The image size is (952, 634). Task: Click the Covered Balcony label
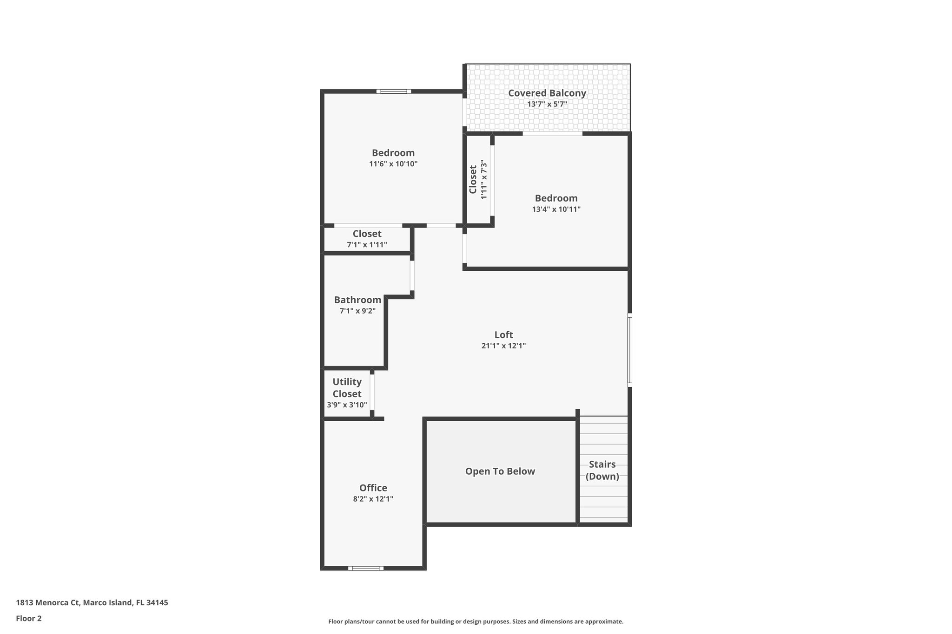click(547, 93)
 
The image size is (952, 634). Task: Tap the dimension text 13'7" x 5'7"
click(547, 105)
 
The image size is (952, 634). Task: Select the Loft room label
click(503, 334)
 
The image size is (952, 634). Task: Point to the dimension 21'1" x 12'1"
click(503, 346)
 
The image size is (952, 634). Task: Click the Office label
click(373, 488)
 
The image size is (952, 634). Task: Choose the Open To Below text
click(500, 471)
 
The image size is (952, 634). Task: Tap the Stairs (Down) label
click(602, 470)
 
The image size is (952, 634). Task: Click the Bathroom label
click(357, 300)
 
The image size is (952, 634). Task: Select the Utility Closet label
click(347, 388)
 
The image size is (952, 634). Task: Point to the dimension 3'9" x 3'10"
click(347, 405)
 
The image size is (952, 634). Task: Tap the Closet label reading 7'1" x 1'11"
click(367, 234)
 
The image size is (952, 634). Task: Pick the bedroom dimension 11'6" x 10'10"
click(393, 164)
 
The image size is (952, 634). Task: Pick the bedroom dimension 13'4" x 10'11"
click(556, 209)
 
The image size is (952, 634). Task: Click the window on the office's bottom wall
click(366, 568)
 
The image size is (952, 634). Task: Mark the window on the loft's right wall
click(629, 350)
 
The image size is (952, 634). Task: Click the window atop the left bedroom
click(393, 92)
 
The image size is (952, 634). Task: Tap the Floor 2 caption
click(29, 618)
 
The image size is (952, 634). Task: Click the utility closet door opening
click(372, 395)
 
